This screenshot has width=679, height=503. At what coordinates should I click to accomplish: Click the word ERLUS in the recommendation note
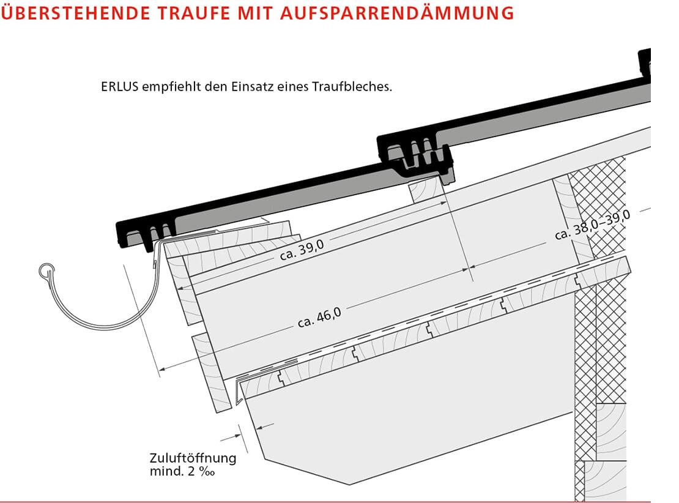point(119,87)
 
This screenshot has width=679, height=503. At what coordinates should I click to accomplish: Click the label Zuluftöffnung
point(192,458)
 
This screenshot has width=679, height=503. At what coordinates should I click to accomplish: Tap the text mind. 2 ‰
point(183,471)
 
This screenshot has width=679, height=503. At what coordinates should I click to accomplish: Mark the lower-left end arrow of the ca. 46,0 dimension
point(161,368)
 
